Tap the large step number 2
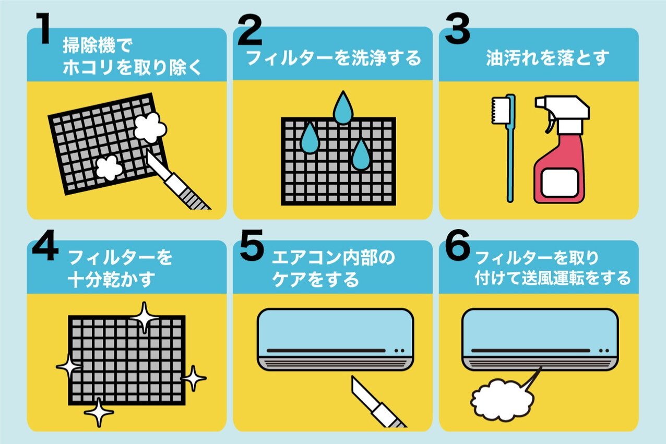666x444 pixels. (249, 30)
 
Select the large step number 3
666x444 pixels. (457, 29)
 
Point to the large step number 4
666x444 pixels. (45, 245)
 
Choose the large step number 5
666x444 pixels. (252, 245)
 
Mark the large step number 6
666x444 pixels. (457, 245)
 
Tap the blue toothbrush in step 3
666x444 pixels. (505, 148)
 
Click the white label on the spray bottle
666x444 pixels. (560, 183)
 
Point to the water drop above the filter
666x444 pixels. (343, 107)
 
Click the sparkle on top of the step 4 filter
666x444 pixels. (145, 317)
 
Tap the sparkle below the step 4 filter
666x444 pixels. (99, 412)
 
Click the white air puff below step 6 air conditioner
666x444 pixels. (502, 400)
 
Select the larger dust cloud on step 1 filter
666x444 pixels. (150, 128)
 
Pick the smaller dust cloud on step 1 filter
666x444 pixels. (109, 168)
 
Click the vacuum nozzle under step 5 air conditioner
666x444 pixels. (377, 402)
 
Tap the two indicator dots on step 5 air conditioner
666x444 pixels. (399, 351)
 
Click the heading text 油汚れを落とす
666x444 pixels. (548, 58)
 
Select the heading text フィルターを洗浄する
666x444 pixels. (334, 58)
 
